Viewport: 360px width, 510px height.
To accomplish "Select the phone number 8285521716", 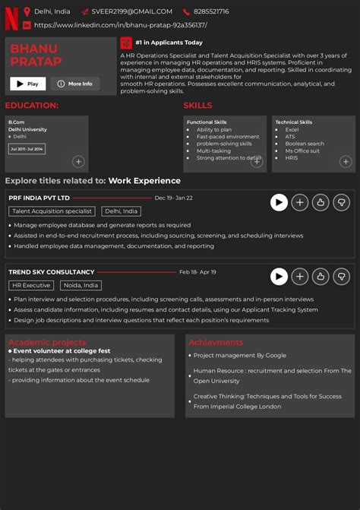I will (x=211, y=11).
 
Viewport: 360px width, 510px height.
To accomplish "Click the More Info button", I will (x=74, y=84).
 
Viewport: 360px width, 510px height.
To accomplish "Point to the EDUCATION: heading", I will (x=32, y=106).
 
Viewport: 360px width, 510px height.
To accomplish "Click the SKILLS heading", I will (x=197, y=106).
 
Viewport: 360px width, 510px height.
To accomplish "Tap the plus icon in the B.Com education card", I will (x=78, y=161).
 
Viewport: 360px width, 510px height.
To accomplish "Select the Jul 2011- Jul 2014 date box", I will (x=27, y=149).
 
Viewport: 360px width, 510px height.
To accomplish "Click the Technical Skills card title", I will (x=293, y=122).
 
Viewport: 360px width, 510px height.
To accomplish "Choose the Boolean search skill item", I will (x=304, y=144).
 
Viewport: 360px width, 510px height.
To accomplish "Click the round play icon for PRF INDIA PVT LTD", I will (x=279, y=202).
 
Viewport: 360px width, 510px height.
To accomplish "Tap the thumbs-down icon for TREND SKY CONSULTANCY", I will (x=341, y=277).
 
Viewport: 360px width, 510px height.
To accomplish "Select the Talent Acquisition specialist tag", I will (x=52, y=211).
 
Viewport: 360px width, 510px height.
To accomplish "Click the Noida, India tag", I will (x=81, y=285).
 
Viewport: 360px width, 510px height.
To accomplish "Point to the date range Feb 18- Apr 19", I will (x=197, y=271).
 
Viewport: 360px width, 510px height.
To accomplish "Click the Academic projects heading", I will (x=47, y=342).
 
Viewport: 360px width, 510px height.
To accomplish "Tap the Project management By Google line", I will (x=239, y=355).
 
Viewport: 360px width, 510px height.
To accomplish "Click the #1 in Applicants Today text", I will (x=169, y=43).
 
